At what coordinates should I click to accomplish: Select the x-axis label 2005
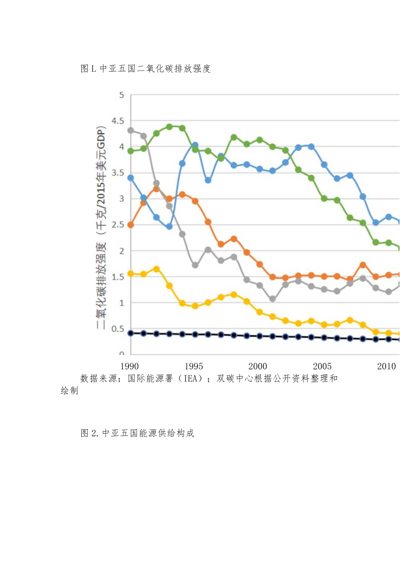[x=322, y=366]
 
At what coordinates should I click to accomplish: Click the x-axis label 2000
[x=258, y=366]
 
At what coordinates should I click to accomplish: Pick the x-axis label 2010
[x=386, y=366]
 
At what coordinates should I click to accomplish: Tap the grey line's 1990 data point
[x=130, y=130]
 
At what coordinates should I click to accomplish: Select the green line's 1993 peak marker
[x=169, y=127]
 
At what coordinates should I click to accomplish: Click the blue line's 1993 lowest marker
[x=169, y=226]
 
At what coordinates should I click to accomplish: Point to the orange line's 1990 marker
[x=130, y=225]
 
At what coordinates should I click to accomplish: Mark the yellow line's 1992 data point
[x=157, y=269]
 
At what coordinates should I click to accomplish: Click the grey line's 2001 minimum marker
[x=273, y=299]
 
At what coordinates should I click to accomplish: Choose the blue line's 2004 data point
[x=311, y=147]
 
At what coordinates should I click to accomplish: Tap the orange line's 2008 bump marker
[x=363, y=265]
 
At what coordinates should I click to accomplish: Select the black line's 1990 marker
[x=130, y=333]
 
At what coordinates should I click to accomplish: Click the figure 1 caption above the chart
[x=146, y=69]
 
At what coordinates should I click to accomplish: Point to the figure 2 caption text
[x=137, y=433]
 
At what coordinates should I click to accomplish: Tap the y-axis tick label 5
[x=121, y=95]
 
